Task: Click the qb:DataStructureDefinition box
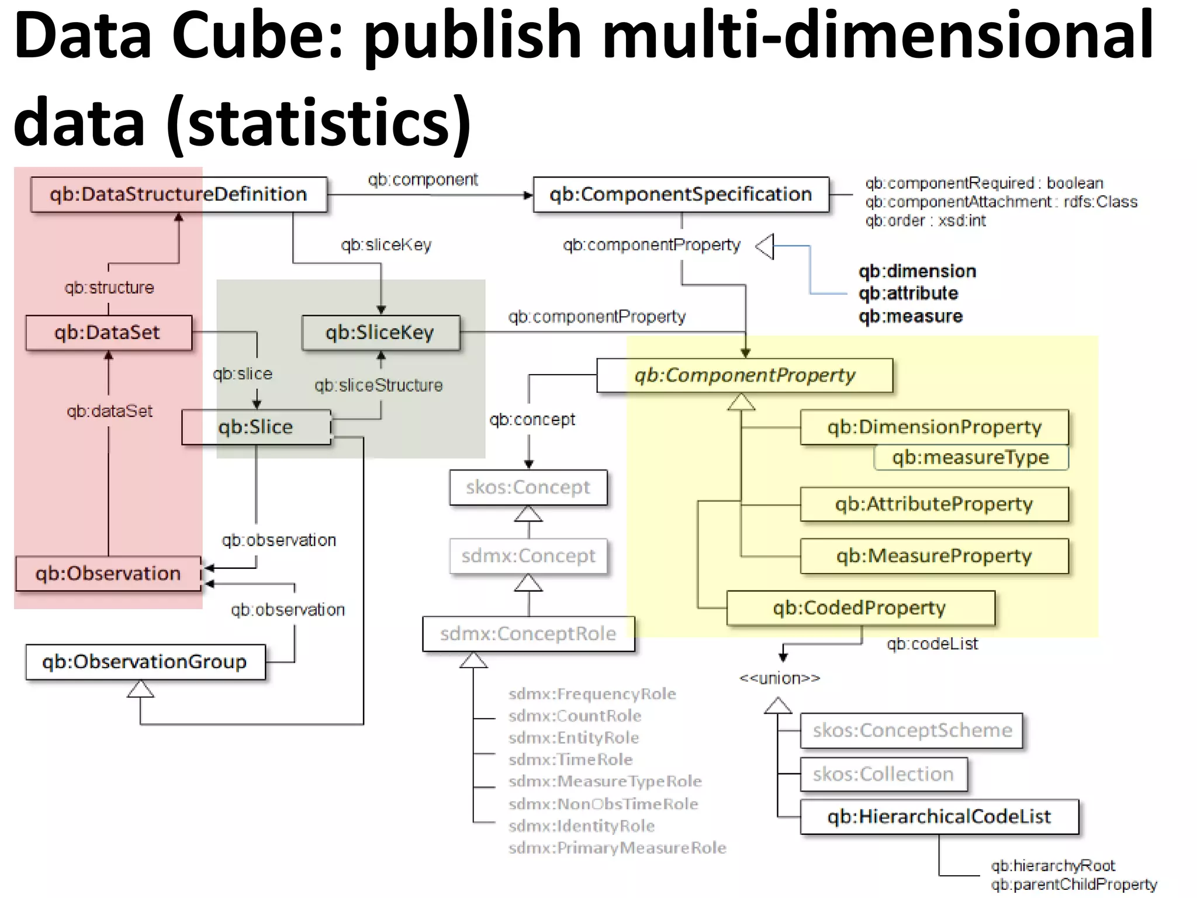178,194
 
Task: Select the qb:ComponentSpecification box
681,194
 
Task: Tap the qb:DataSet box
108,333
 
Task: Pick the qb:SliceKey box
380,333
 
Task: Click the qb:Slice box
256,427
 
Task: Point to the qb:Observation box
108,574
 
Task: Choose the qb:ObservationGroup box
145,662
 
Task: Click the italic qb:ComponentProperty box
745,375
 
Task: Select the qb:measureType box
971,457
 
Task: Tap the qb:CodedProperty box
860,608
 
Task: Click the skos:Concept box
528,487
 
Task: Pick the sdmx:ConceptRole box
528,634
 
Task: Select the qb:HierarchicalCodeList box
939,817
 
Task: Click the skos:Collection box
883,774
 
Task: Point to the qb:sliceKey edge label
386,244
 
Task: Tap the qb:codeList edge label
932,644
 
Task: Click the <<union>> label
780,678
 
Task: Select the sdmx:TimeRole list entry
570,759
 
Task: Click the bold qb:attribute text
908,293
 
